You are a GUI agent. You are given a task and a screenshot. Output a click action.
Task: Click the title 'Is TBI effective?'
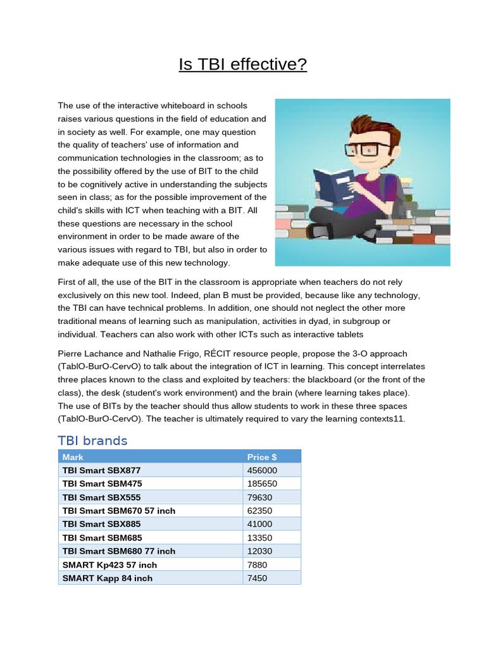click(243, 65)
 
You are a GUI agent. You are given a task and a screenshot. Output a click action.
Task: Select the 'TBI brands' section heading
click(92, 440)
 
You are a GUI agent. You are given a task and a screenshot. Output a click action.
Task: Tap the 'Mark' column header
click(73, 457)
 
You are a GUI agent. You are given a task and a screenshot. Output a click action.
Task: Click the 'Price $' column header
click(261, 457)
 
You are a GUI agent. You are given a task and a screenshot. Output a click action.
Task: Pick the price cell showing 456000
click(262, 470)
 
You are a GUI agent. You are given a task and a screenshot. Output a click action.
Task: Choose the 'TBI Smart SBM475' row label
click(101, 483)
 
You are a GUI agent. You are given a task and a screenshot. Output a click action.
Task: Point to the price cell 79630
click(259, 497)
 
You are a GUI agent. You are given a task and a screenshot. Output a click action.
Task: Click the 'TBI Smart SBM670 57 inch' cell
click(119, 510)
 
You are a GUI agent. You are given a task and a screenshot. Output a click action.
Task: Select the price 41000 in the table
click(259, 524)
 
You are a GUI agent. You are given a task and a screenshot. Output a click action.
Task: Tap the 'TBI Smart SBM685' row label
click(101, 537)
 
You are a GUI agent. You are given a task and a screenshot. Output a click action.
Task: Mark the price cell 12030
click(259, 551)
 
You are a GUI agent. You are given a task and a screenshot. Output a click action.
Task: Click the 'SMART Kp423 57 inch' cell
click(109, 564)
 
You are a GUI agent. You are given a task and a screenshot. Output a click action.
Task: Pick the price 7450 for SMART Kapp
click(258, 578)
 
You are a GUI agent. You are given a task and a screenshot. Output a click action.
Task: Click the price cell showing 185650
click(262, 483)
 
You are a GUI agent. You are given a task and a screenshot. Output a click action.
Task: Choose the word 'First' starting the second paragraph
click(68, 282)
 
